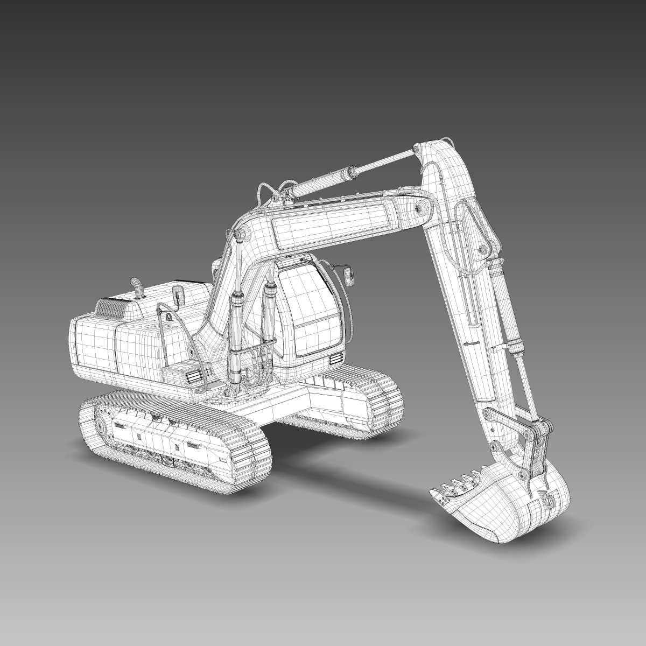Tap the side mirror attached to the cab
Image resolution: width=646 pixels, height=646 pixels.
click(349, 276)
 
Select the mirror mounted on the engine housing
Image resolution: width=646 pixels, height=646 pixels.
click(177, 294)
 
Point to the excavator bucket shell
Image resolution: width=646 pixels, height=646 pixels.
click(506, 495)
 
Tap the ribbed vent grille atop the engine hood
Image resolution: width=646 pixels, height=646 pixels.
click(113, 307)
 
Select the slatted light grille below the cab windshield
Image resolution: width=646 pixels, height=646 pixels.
click(335, 359)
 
